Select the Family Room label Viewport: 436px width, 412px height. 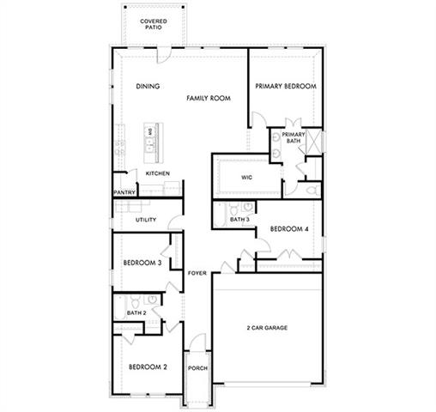[209, 99]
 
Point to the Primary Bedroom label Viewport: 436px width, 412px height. [286, 87]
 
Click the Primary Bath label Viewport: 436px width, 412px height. [294, 137]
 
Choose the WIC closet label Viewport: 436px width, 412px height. [246, 178]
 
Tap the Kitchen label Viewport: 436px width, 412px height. [157, 173]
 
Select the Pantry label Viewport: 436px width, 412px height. [124, 192]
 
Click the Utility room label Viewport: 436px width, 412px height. [146, 221]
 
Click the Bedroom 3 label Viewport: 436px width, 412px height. [142, 263]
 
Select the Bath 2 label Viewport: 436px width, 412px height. [136, 313]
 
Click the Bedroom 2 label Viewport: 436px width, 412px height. [148, 367]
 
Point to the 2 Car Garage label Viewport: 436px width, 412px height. [266, 328]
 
